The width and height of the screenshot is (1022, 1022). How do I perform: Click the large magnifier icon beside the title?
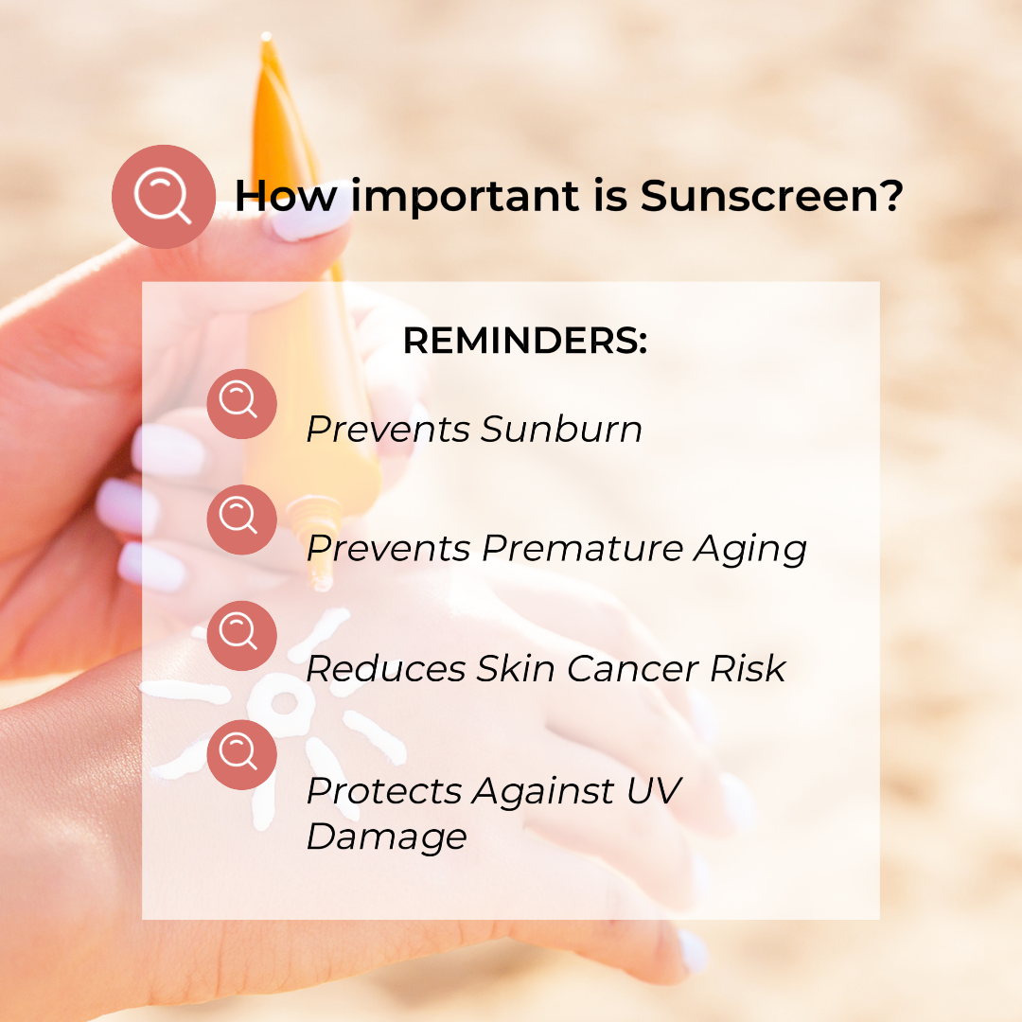click(x=164, y=196)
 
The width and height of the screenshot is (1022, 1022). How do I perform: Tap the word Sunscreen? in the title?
click(x=772, y=195)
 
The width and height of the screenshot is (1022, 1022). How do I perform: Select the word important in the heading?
click(x=465, y=197)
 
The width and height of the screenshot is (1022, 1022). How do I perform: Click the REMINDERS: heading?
click(x=525, y=341)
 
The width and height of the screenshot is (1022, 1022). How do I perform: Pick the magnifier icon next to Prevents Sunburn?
click(x=242, y=404)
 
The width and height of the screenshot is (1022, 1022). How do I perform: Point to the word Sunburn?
click(x=562, y=429)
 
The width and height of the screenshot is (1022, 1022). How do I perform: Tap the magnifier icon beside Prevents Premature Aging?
click(x=242, y=520)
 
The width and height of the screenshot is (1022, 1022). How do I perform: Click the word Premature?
click(x=582, y=548)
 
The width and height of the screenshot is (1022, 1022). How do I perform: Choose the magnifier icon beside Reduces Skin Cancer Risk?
click(x=242, y=636)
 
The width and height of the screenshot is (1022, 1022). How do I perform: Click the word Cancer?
click(x=633, y=669)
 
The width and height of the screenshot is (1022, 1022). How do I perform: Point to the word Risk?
click(x=748, y=669)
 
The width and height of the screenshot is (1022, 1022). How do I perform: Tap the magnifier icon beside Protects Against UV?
click(x=242, y=755)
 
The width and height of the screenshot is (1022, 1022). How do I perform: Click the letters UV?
click(x=654, y=790)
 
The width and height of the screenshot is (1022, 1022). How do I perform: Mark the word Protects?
click(x=384, y=790)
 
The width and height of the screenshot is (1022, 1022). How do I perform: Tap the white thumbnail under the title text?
click(x=310, y=218)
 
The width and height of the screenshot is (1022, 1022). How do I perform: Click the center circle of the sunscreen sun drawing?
click(x=283, y=702)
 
